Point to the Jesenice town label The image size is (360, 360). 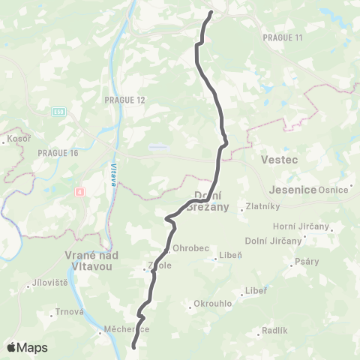(289, 189)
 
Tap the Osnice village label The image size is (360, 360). (334, 190)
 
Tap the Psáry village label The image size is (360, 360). (307, 261)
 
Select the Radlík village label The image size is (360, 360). (274, 331)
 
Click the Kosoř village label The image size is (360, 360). (17, 139)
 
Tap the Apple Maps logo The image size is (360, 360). (26, 347)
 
